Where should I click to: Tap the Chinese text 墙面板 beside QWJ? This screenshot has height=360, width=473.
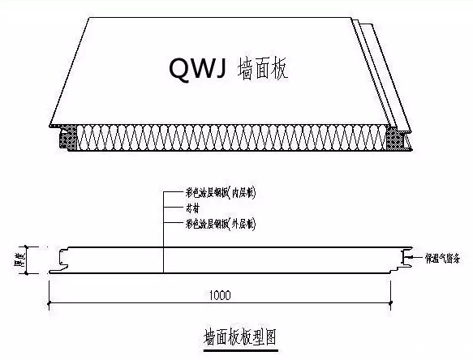pos(262,69)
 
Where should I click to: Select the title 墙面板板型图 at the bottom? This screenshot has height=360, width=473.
pos(240,334)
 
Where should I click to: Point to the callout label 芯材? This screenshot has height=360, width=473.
pos(197,208)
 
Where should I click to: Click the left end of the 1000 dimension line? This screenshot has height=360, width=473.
pos(51,305)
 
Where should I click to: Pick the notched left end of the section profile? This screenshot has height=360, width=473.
pos(56,260)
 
